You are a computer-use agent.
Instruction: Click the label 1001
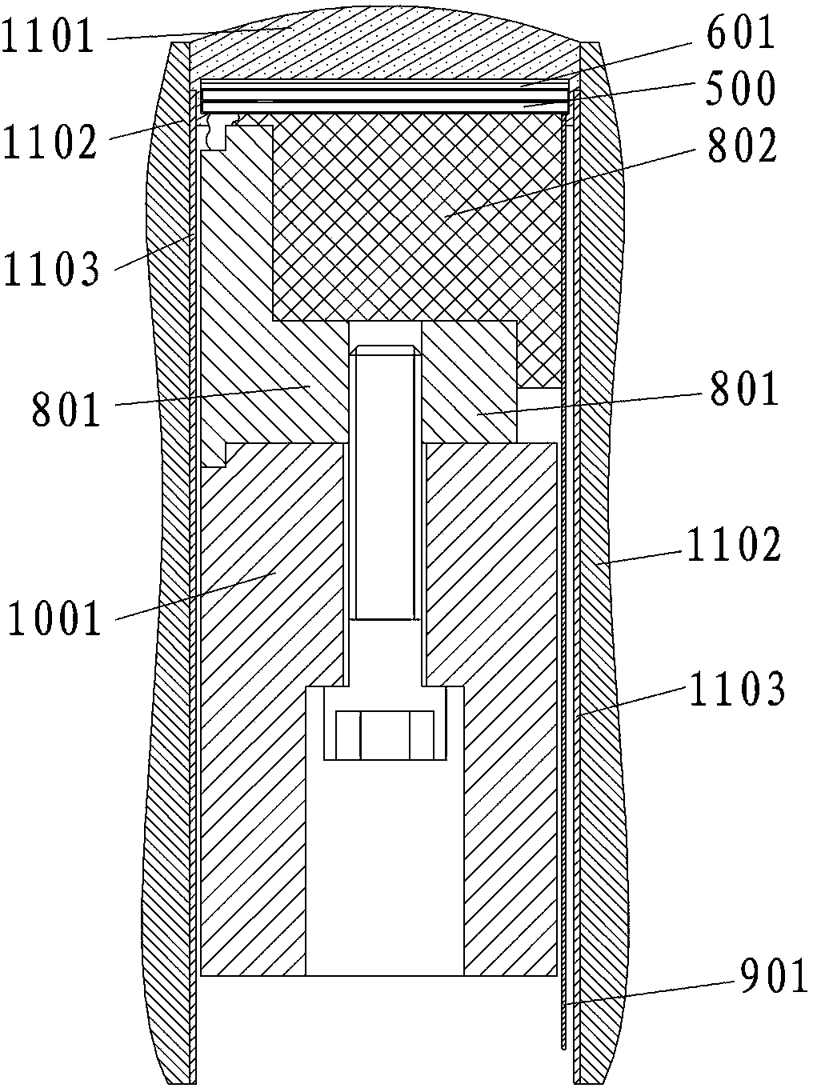point(55,620)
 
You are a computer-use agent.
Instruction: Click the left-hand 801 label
point(68,410)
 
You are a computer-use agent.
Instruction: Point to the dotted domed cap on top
point(384,44)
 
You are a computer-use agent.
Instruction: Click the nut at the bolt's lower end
point(385,734)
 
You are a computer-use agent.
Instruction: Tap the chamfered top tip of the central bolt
point(385,350)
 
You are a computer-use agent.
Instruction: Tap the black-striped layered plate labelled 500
point(384,100)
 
